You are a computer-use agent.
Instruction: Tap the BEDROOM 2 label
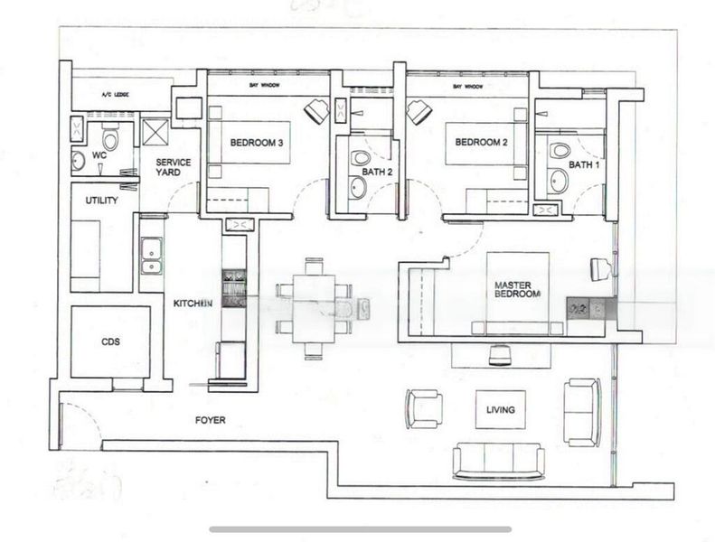(480, 142)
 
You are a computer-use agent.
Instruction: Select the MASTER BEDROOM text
(517, 289)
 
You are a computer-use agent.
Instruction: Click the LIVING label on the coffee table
(500, 409)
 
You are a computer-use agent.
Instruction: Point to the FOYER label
(210, 420)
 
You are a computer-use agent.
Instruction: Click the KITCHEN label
(193, 304)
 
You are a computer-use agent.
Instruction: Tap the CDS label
(110, 342)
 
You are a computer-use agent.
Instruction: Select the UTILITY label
(101, 200)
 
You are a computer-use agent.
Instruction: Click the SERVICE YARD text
(172, 168)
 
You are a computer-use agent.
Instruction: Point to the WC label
(99, 155)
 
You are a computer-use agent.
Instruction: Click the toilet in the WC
(110, 139)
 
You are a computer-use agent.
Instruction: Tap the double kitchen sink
(151, 255)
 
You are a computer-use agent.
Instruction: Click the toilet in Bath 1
(560, 152)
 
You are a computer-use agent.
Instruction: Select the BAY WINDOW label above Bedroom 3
(266, 86)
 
